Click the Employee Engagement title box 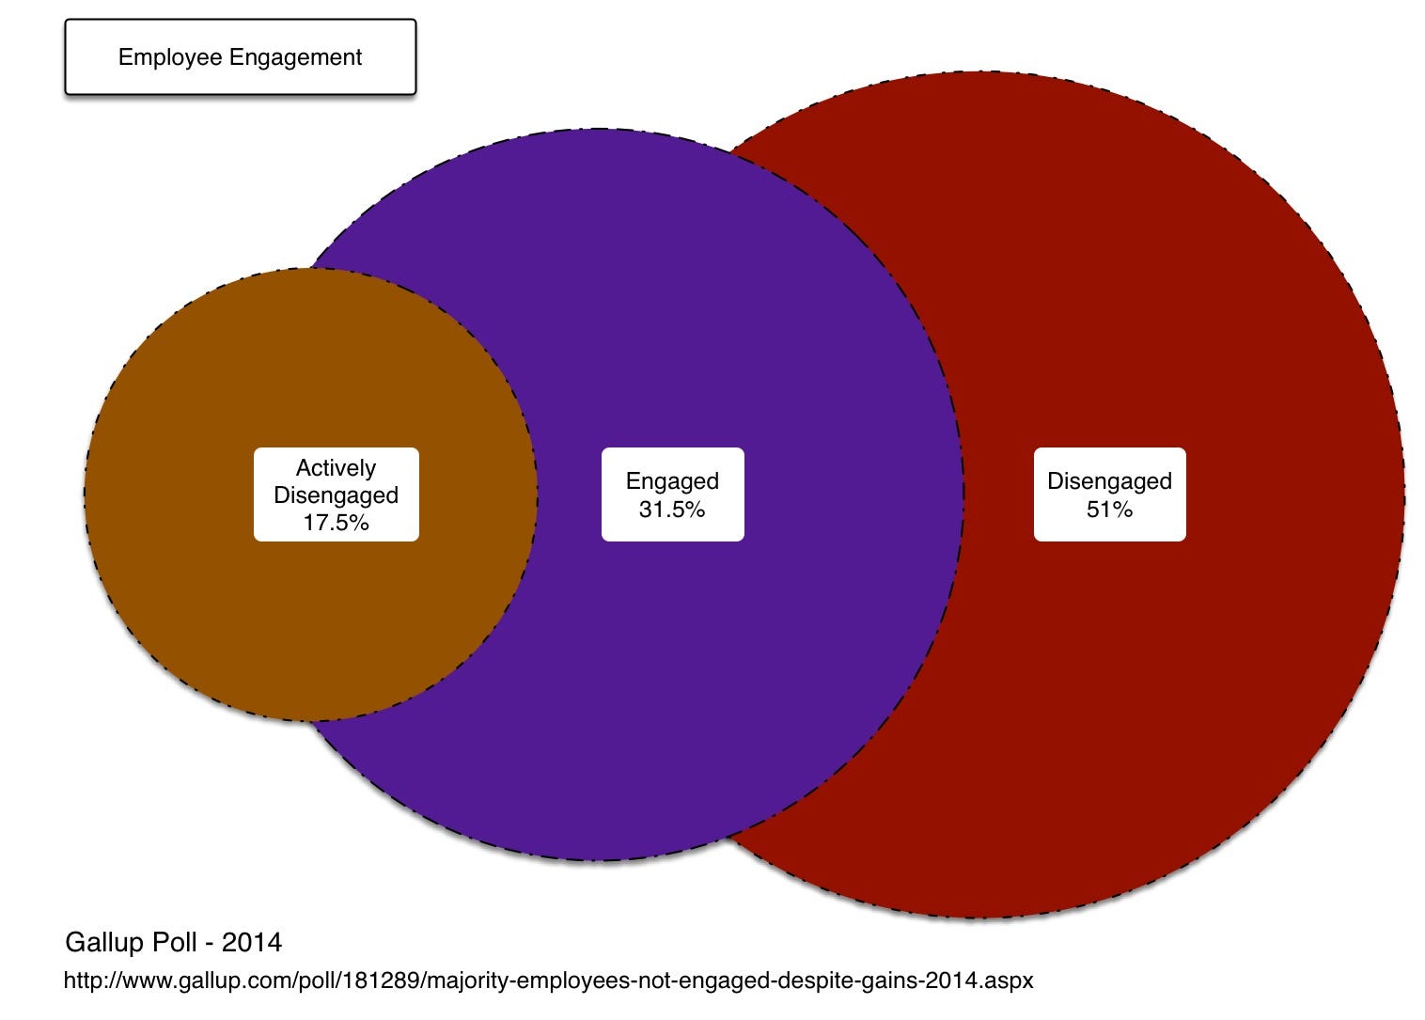[240, 57]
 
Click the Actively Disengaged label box [336, 494]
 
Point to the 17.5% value [336, 523]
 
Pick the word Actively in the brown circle [336, 468]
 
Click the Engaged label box [672, 494]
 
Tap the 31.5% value [672, 510]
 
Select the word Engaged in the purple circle [672, 481]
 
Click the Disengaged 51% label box [1109, 494]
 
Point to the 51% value [1109, 510]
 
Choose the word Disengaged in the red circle [1109, 481]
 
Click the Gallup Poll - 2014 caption [173, 942]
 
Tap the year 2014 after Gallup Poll [252, 942]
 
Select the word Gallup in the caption [102, 942]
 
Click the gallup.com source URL [548, 981]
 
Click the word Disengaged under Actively [336, 495]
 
